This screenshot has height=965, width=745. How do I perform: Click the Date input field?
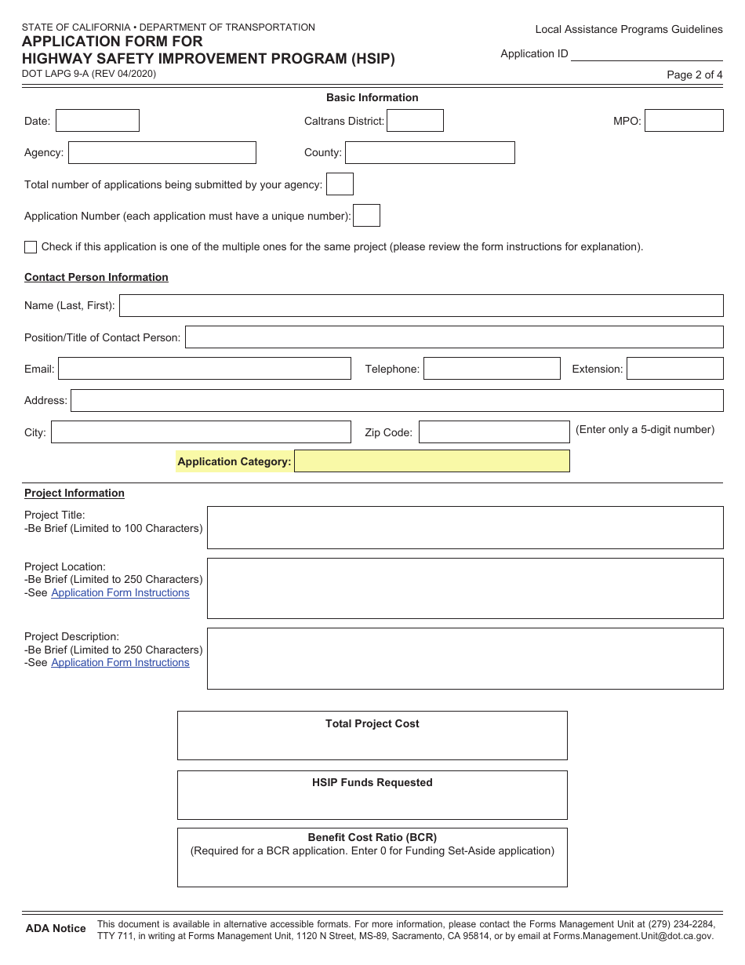click(x=97, y=120)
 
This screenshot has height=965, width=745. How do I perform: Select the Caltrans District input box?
click(x=415, y=120)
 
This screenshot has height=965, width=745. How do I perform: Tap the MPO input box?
click(x=684, y=120)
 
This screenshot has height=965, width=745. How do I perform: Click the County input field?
click(x=430, y=152)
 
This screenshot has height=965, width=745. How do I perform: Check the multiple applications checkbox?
click(x=31, y=247)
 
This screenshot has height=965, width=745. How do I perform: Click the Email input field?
click(x=204, y=369)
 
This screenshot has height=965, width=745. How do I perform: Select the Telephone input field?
click(x=492, y=369)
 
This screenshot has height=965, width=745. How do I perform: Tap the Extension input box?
click(x=674, y=369)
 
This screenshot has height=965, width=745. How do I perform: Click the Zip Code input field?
click(x=494, y=432)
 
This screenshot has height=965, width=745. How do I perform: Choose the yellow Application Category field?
click(x=431, y=461)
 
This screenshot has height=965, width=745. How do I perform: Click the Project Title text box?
click(x=464, y=527)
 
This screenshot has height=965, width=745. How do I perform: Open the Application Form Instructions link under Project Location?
click(x=120, y=593)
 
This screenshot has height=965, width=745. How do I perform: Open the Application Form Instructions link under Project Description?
click(x=120, y=663)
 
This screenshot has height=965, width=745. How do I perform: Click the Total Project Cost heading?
click(x=372, y=723)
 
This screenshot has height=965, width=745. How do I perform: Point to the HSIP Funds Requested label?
click(x=372, y=782)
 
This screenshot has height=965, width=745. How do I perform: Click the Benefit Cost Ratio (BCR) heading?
click(x=372, y=837)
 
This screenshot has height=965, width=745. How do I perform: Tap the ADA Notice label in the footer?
click(x=56, y=928)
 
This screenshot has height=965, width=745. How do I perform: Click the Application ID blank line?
click(x=647, y=55)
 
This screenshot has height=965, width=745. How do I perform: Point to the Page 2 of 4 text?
click(x=694, y=75)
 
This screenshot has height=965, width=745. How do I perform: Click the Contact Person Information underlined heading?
click(x=96, y=277)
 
